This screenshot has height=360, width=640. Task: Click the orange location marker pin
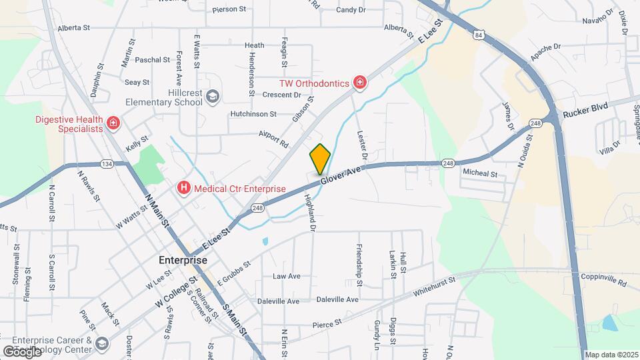click(x=320, y=159)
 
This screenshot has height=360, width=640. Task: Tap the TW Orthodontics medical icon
click(x=360, y=83)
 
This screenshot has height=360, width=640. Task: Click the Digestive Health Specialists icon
click(x=113, y=123)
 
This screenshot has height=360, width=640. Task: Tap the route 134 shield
click(x=106, y=164)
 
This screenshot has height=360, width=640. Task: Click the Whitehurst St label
click(x=433, y=286)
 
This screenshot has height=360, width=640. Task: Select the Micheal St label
click(x=480, y=173)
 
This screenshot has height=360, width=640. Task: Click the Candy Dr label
click(x=351, y=9)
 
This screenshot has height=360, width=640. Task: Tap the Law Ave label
click(x=287, y=276)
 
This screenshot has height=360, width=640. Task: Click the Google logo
click(x=22, y=351)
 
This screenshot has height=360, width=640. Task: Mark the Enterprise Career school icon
click(x=102, y=343)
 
